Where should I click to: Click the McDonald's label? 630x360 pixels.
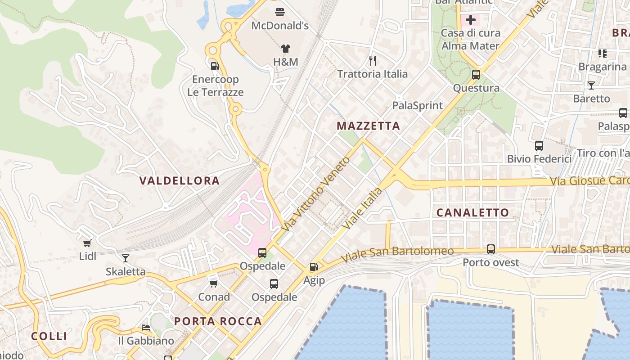(x=280, y=26)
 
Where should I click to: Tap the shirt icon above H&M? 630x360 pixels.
(x=286, y=49)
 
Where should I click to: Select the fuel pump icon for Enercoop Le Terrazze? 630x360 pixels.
(x=215, y=66)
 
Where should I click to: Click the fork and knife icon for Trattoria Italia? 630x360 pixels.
(x=372, y=60)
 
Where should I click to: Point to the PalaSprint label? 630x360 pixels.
(x=418, y=106)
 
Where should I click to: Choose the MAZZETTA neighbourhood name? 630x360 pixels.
(x=368, y=126)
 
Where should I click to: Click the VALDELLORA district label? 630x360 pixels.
(x=180, y=181)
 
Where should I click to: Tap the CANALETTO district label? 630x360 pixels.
(x=472, y=213)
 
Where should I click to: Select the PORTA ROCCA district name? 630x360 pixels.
(x=218, y=321)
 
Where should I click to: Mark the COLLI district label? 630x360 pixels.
(x=49, y=336)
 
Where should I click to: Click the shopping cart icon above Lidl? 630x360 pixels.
(x=87, y=243)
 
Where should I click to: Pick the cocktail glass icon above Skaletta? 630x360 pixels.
(x=126, y=258)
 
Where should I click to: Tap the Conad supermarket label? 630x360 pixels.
(x=214, y=297)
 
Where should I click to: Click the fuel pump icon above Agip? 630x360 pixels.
(x=314, y=267)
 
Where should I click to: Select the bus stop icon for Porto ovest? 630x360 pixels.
(x=491, y=249)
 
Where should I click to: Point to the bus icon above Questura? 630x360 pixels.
(x=476, y=75)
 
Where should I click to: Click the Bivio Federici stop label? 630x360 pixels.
(x=539, y=159)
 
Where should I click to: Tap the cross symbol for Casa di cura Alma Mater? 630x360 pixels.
(x=471, y=20)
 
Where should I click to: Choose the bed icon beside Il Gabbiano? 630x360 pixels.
(x=146, y=328)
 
